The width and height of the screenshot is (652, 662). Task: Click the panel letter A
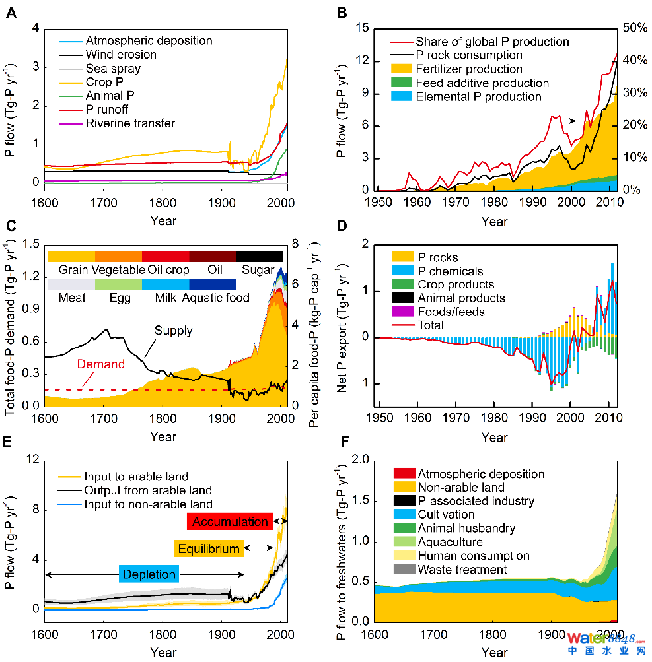(x=11, y=12)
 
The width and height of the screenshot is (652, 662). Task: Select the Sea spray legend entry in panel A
(x=113, y=69)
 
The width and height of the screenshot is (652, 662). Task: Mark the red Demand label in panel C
(x=100, y=364)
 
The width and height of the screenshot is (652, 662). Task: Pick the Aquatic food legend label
(x=216, y=298)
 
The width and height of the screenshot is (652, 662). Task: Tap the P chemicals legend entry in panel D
(x=451, y=271)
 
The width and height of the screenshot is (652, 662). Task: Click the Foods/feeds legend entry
(x=451, y=312)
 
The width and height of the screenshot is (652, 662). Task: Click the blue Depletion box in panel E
(x=149, y=574)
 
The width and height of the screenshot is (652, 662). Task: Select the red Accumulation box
(x=229, y=521)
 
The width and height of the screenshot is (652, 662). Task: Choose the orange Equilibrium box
(x=208, y=548)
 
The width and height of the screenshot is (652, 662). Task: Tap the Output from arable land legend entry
(x=147, y=490)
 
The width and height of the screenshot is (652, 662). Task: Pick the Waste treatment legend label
(x=462, y=570)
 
